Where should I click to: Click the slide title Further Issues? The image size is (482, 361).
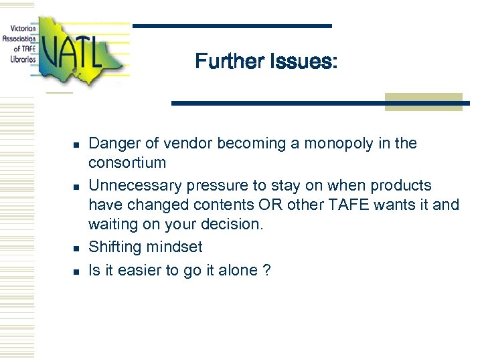(x=266, y=62)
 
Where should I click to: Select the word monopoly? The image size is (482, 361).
(x=331, y=143)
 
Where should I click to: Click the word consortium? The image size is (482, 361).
(x=127, y=162)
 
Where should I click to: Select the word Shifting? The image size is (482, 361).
(x=111, y=247)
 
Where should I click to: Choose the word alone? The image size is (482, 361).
(x=240, y=270)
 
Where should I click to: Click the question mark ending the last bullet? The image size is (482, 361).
(x=267, y=270)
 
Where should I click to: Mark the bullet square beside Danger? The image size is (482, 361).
(x=76, y=144)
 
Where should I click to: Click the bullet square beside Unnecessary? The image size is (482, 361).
(x=76, y=187)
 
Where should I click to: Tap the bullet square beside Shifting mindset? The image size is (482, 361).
(x=76, y=248)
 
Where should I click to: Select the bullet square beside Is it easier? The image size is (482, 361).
(x=76, y=271)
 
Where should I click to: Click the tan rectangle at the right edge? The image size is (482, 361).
(x=423, y=102)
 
